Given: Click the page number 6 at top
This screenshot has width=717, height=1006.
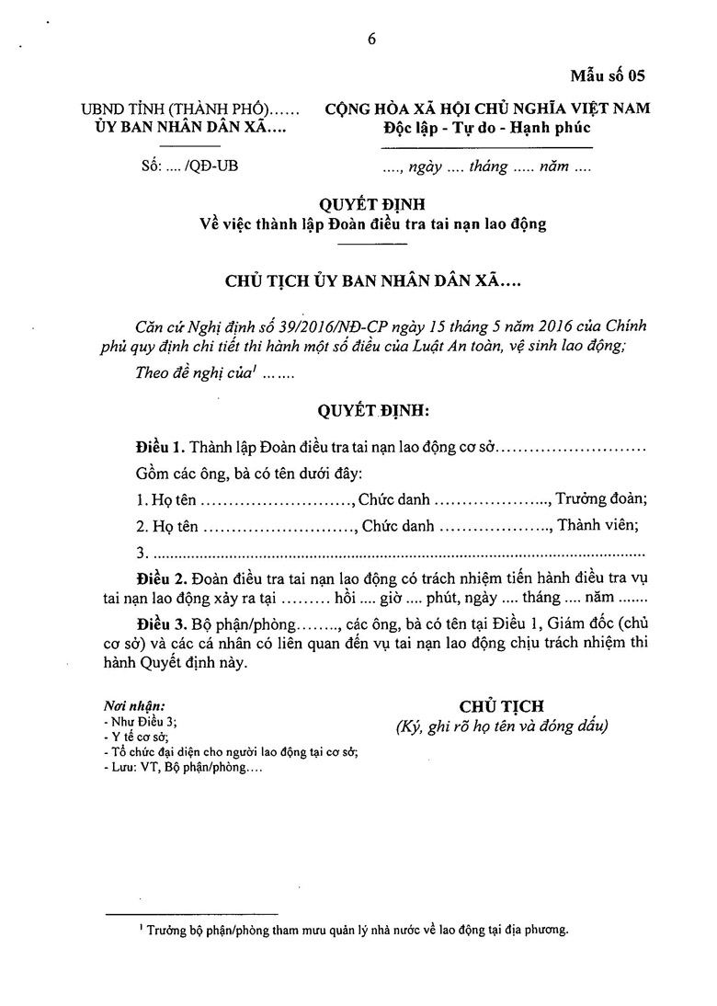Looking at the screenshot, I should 371,39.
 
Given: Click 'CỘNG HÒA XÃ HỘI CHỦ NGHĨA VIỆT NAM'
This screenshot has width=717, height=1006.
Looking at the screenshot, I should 488,109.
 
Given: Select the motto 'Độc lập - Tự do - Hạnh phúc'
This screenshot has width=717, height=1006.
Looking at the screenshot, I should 487,127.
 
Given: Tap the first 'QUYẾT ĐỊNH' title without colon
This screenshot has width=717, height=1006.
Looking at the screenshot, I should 372,204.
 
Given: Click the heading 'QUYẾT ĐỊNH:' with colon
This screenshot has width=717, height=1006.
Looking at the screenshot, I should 372,409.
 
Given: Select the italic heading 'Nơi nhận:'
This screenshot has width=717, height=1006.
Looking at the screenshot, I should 135,706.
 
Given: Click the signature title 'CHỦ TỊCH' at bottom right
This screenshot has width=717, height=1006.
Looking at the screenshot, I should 502,705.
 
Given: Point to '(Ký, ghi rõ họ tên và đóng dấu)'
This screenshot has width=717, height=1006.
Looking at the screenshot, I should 502,726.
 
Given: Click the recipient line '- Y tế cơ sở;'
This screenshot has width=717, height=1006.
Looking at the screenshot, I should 137,737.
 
